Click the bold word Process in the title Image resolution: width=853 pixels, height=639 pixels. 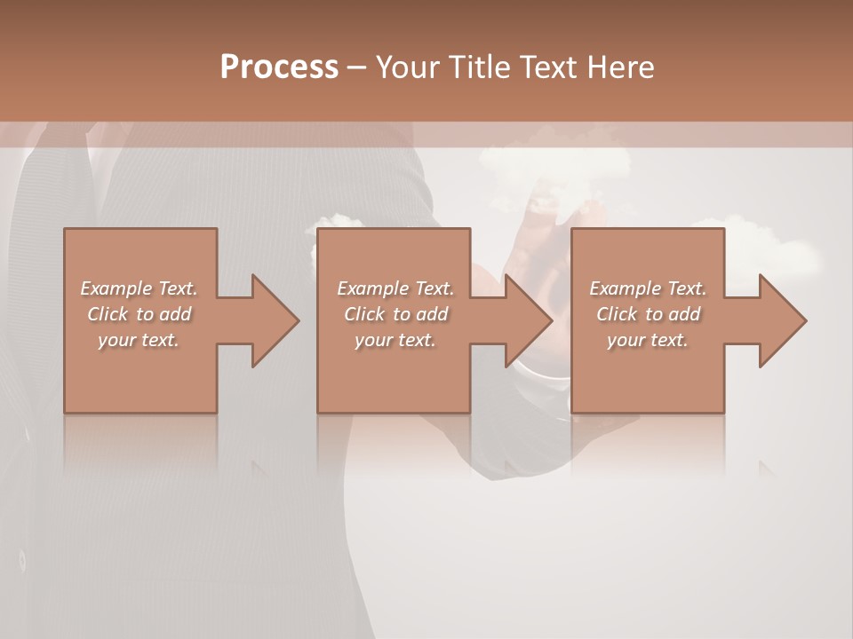[279, 67]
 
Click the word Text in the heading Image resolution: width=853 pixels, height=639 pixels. [548, 67]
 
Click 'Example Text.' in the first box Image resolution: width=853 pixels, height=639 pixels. [140, 288]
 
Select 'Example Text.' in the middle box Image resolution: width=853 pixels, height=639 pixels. [395, 288]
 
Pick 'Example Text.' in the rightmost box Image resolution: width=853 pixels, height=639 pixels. [648, 288]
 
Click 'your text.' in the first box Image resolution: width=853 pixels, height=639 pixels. [139, 340]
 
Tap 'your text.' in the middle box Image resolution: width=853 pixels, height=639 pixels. [395, 340]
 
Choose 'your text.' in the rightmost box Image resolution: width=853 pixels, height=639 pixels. [648, 340]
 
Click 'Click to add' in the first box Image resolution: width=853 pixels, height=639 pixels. [140, 314]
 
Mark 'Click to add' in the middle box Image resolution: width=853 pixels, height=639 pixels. [395, 314]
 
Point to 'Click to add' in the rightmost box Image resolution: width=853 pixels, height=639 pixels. [648, 314]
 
